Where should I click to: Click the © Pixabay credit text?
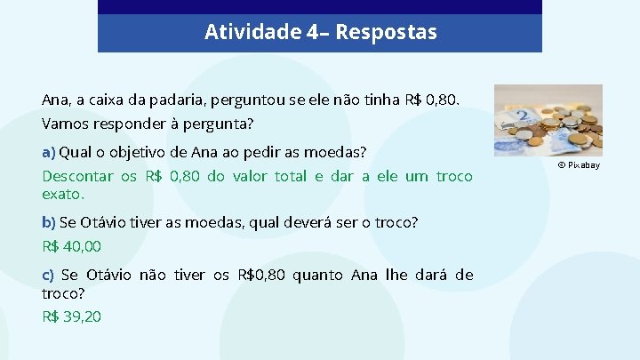tap(579, 165)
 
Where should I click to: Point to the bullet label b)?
tap(49, 222)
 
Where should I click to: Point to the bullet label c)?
tap(48, 276)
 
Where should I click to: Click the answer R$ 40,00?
tap(71, 246)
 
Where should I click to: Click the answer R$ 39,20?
tap(71, 316)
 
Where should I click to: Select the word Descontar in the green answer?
tap(77, 176)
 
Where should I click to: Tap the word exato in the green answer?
tap(61, 194)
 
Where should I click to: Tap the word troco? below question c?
tap(63, 292)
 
